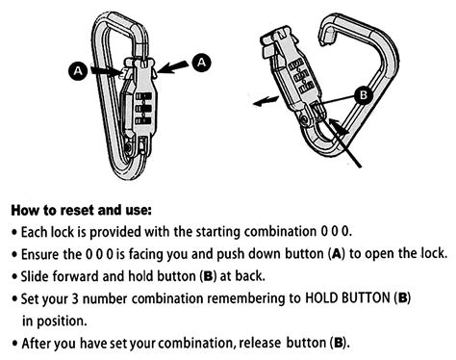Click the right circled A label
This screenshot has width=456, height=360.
coord(201,61)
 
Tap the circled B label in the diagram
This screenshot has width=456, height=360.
coord(363,95)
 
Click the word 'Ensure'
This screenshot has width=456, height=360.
coord(44,254)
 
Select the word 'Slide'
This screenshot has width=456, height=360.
coord(38,276)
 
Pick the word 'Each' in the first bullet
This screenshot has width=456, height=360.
coord(38,232)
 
